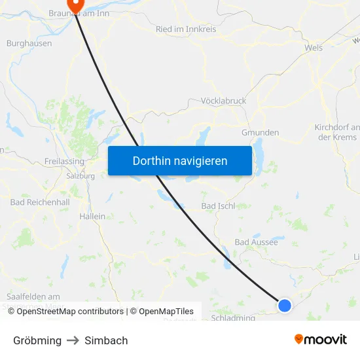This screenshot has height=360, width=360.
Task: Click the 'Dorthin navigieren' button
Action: [x=180, y=160]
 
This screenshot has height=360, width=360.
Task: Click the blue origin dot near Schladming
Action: [x=284, y=305]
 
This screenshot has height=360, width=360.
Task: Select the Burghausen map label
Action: [x=28, y=43]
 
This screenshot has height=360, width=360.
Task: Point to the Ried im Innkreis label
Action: [x=187, y=29]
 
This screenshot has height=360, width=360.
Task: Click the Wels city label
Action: [x=314, y=48]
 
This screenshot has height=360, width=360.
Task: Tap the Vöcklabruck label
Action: [x=224, y=101]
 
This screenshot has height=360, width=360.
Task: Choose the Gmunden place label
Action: [x=260, y=132]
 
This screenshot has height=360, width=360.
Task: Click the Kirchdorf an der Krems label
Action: [x=337, y=132]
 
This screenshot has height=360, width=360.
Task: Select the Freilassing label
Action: [x=63, y=161]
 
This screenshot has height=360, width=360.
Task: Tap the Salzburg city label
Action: [x=81, y=176]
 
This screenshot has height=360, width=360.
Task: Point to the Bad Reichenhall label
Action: [x=40, y=202]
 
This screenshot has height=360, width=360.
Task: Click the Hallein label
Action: [x=92, y=216]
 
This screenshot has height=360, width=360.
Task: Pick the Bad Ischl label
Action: [x=218, y=206]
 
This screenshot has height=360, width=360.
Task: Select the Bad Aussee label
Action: [x=256, y=242]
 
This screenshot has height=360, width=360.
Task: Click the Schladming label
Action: [x=234, y=317]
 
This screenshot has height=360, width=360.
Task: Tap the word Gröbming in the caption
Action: [x=37, y=340]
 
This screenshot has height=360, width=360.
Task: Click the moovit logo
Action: [x=321, y=340]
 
